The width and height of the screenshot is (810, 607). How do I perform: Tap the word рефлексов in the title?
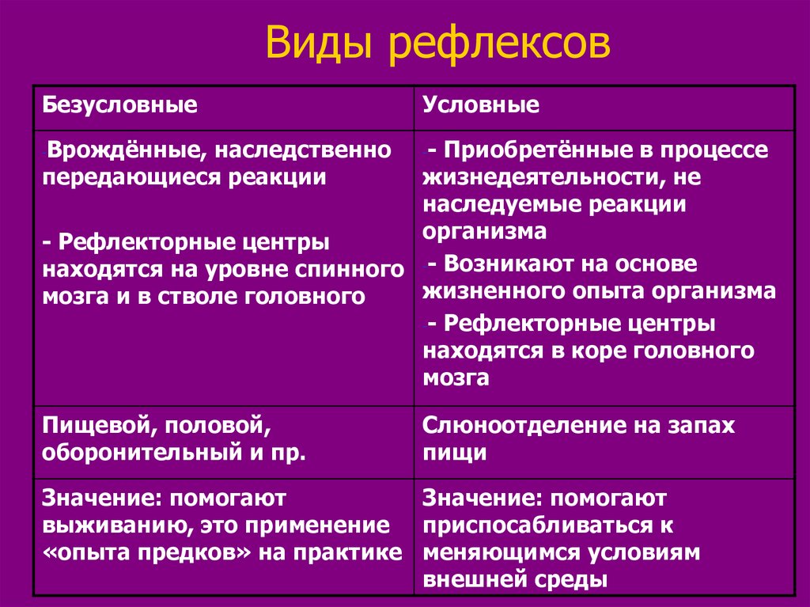pyautogui.click(x=499, y=44)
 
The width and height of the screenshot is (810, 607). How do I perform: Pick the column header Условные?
pyautogui.click(x=481, y=105)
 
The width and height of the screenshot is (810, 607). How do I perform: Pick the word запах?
pyautogui.click(x=697, y=427)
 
